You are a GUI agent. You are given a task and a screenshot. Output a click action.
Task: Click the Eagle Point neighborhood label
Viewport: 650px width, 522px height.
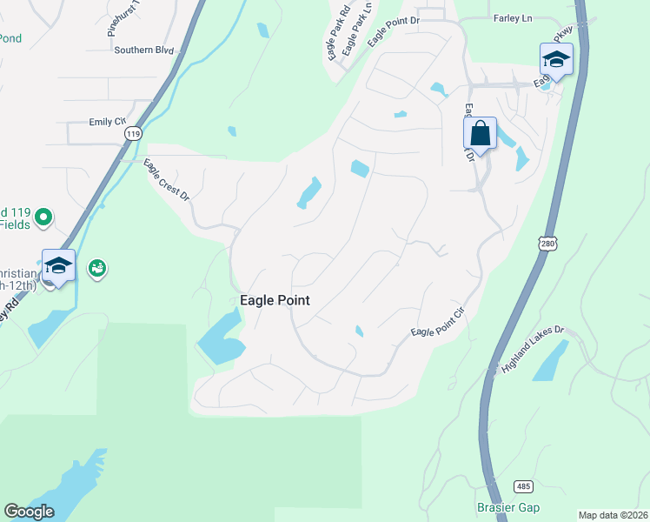pyautogui.click(x=275, y=300)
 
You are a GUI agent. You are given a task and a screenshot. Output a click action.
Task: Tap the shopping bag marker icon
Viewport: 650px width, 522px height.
pyautogui.click(x=480, y=135)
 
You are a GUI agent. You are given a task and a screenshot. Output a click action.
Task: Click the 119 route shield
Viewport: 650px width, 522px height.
pyautogui.click(x=132, y=133)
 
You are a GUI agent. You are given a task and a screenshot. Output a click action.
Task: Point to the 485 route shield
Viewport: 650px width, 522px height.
pyautogui.click(x=522, y=485)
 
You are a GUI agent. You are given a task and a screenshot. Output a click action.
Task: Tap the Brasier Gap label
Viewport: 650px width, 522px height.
pyautogui.click(x=508, y=507)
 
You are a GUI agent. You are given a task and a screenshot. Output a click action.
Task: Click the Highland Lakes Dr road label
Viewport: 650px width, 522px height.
pyautogui.click(x=533, y=351)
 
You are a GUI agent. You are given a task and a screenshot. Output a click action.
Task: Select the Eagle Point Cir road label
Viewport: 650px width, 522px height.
pyautogui.click(x=439, y=325)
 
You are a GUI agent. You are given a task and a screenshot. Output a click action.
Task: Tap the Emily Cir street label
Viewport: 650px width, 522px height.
pyautogui.click(x=108, y=122)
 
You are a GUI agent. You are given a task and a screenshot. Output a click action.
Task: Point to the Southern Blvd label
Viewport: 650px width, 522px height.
pyautogui.click(x=144, y=50)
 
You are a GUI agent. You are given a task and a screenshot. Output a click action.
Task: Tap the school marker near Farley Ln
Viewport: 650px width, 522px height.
pyautogui.click(x=556, y=60)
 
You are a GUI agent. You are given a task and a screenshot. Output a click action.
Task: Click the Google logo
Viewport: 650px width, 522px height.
pyautogui.click(x=29, y=512)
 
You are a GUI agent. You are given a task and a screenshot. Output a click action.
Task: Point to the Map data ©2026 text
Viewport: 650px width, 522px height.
pyautogui.click(x=613, y=515)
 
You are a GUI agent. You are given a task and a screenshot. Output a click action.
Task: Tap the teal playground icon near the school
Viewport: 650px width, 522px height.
pyautogui.click(x=97, y=268)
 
